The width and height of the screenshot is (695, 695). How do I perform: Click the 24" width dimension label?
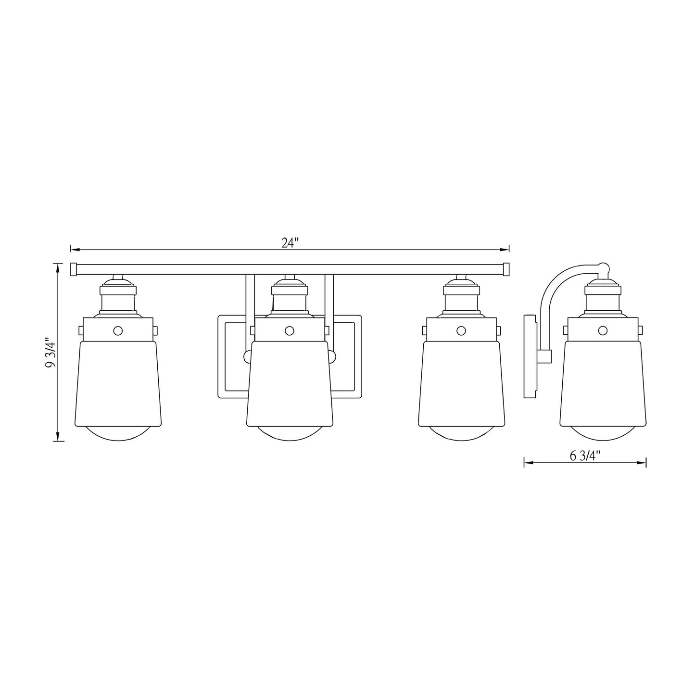click(290, 243)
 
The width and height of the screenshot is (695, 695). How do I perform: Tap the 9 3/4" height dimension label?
click(50, 353)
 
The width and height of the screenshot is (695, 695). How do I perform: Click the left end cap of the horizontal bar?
click(74, 269)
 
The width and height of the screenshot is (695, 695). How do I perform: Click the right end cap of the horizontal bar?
click(506, 269)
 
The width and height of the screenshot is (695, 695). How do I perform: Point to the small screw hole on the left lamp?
click(117, 330)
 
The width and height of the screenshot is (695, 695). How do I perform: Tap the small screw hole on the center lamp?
click(289, 330)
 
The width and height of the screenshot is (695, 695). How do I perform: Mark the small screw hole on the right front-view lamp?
click(461, 330)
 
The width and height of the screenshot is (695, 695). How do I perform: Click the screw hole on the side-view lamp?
click(602, 330)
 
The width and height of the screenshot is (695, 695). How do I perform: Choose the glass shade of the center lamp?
click(289, 382)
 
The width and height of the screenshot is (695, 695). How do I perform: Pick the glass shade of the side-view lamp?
click(602, 382)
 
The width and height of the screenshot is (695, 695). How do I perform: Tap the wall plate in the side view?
click(529, 356)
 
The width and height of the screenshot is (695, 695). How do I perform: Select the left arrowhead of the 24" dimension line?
click(74, 249)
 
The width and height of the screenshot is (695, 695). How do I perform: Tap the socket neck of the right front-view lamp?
click(461, 302)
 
